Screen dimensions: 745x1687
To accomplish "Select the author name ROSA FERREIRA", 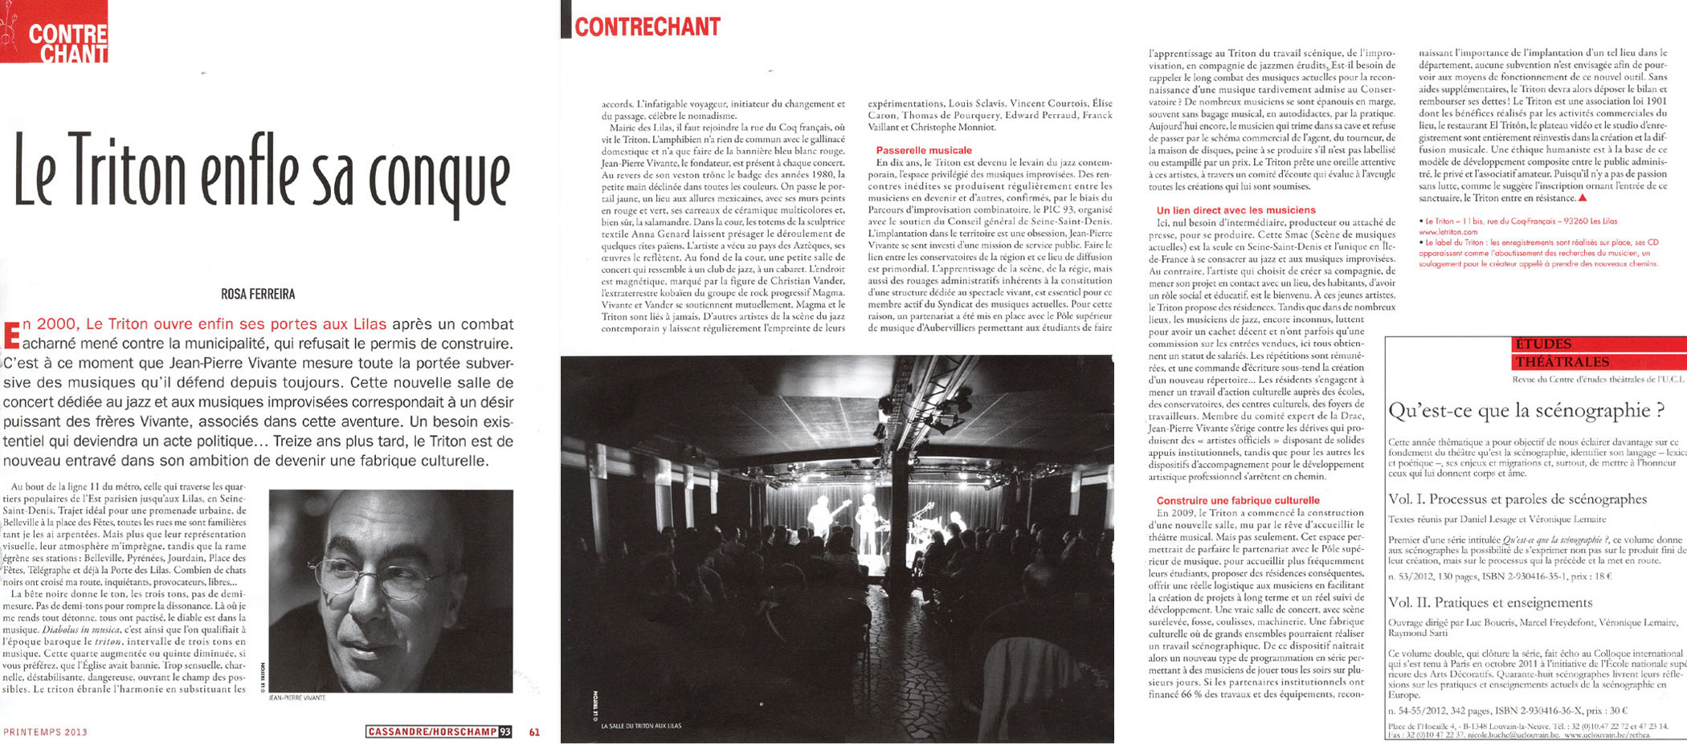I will pos(258,295).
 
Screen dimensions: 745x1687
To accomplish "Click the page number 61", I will pos(534,732).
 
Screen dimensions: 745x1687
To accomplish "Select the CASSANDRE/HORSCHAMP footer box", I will pos(439,732).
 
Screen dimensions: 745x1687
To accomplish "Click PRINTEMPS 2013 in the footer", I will pos(45,732).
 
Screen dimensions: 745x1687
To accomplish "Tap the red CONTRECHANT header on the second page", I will pos(647,26).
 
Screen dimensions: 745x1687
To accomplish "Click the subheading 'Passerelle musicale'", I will pos(924,150).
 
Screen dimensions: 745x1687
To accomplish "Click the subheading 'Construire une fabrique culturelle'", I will pos(1238,500).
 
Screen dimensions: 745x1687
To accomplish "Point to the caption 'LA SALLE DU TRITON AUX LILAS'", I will pos(640,726).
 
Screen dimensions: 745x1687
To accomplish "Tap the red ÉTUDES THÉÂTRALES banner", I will pos(1558,353).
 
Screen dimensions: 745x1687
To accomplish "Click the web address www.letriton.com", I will pos(1448,232).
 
